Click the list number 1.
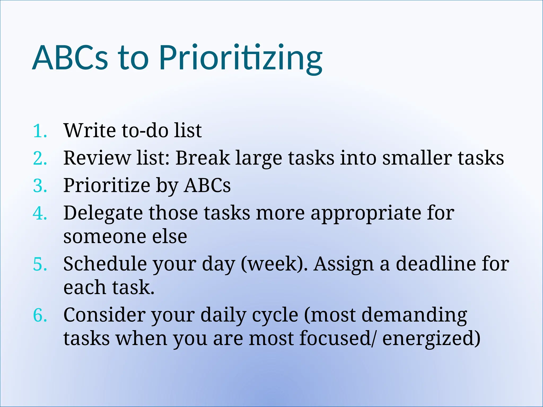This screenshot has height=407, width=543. point(40,131)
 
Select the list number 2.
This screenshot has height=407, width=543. point(40,158)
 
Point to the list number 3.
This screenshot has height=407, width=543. point(40,186)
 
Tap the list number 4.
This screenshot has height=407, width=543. point(40,213)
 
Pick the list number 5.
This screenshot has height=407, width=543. point(40,264)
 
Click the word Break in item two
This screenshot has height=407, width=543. point(203,158)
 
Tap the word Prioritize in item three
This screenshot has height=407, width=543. point(107,185)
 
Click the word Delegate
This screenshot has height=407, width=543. point(103,214)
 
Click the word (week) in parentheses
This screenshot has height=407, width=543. point(274,264)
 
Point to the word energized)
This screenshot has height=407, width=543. point(431,339)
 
